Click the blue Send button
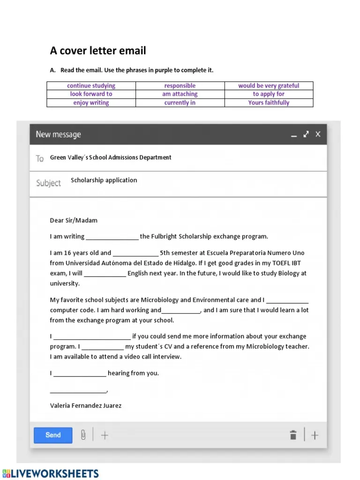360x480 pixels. tap(53, 435)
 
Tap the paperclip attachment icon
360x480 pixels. tap(83, 435)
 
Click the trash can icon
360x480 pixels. tap(293, 435)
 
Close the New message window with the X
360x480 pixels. tap(318, 134)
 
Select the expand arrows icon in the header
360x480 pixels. tap(306, 134)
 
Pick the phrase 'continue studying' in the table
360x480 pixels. tap(91, 86)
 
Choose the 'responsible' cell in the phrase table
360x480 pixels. tap(180, 86)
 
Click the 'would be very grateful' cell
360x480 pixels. tap(269, 86)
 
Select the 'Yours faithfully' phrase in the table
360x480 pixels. tap(269, 103)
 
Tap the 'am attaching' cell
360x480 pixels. tap(180, 94)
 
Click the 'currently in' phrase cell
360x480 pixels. tap(180, 103)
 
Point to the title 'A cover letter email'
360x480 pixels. tap(98, 51)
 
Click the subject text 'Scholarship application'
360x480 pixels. tap(104, 180)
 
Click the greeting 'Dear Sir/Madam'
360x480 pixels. tap(74, 220)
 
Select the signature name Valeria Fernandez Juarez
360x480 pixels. tap(86, 405)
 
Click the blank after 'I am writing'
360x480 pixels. tap(112, 237)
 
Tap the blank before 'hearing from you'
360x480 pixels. tap(80, 374)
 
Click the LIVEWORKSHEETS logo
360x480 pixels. tap(51, 473)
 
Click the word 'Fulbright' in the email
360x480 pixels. tap(164, 237)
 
